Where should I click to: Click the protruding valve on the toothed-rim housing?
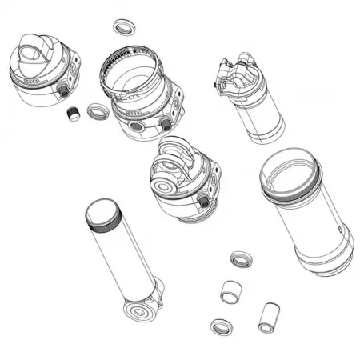coord(166,123)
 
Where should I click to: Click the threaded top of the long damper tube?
coord(103,214)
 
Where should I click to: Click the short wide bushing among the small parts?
coord(230,291)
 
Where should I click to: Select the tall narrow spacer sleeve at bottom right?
coord(267,317)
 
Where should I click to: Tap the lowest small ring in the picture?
coord(221,326)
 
